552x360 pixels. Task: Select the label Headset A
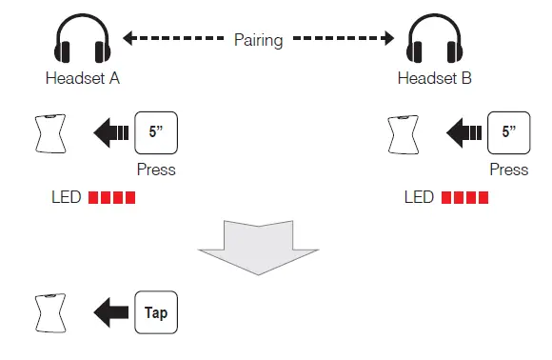pos(82,81)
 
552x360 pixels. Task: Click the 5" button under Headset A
pos(156,133)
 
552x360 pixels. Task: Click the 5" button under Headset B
pos(508,133)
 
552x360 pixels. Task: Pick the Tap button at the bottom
pos(156,311)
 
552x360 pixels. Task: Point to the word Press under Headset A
pos(156,170)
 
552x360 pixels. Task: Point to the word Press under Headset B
pos(508,170)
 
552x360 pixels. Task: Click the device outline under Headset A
pos(49,134)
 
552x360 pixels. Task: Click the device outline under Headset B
pos(404,134)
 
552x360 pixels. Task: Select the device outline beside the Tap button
pos(49,311)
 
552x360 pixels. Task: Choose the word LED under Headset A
pos(67,199)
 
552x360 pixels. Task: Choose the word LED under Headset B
pos(420,199)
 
